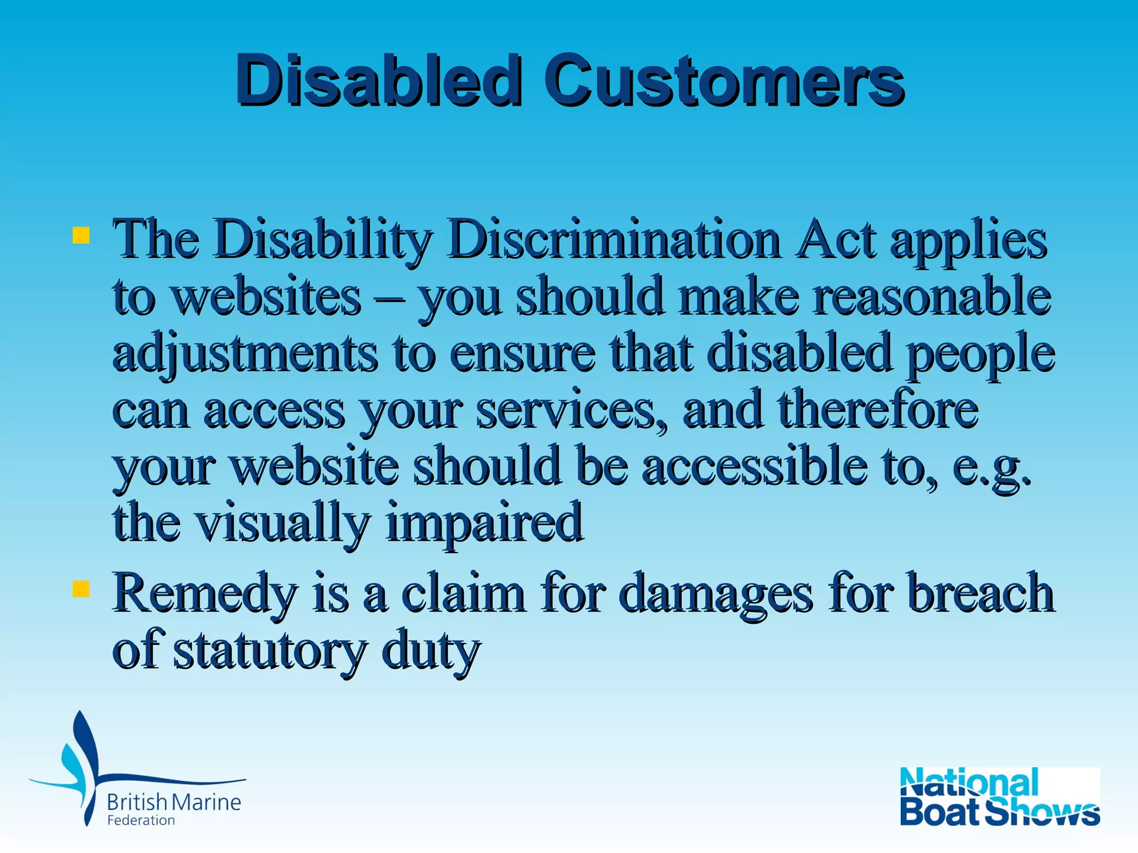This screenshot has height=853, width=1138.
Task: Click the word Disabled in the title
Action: click(379, 81)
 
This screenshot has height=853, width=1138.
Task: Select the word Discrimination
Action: click(614, 240)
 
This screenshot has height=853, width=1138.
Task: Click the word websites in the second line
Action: click(266, 297)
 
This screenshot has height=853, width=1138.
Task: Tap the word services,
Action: click(572, 411)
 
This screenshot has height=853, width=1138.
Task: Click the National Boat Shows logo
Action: click(999, 797)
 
